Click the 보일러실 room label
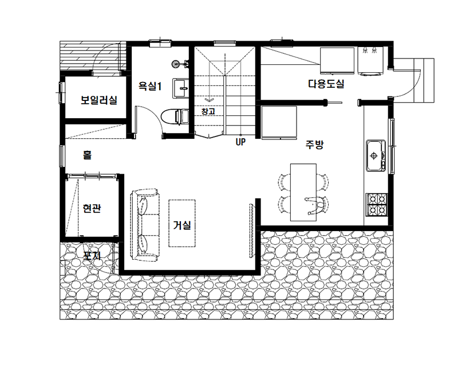tap(99, 100)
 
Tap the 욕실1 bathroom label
tap(149, 86)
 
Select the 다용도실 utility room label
tap(326, 84)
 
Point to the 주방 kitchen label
tap(314, 145)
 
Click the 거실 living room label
tap(181, 225)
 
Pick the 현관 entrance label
tap(92, 208)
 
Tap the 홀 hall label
tap(87, 154)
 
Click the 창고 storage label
tap(208, 111)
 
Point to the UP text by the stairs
tap(240, 142)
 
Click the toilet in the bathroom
tap(175, 117)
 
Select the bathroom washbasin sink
tap(180, 88)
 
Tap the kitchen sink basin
tap(376, 155)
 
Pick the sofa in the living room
tap(145, 225)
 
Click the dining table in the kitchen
tap(303, 192)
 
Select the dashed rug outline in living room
tap(182, 224)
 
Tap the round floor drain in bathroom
tap(175, 64)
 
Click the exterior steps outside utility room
tap(424, 80)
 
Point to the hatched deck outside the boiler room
tap(93, 56)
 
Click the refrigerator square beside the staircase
tap(279, 122)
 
